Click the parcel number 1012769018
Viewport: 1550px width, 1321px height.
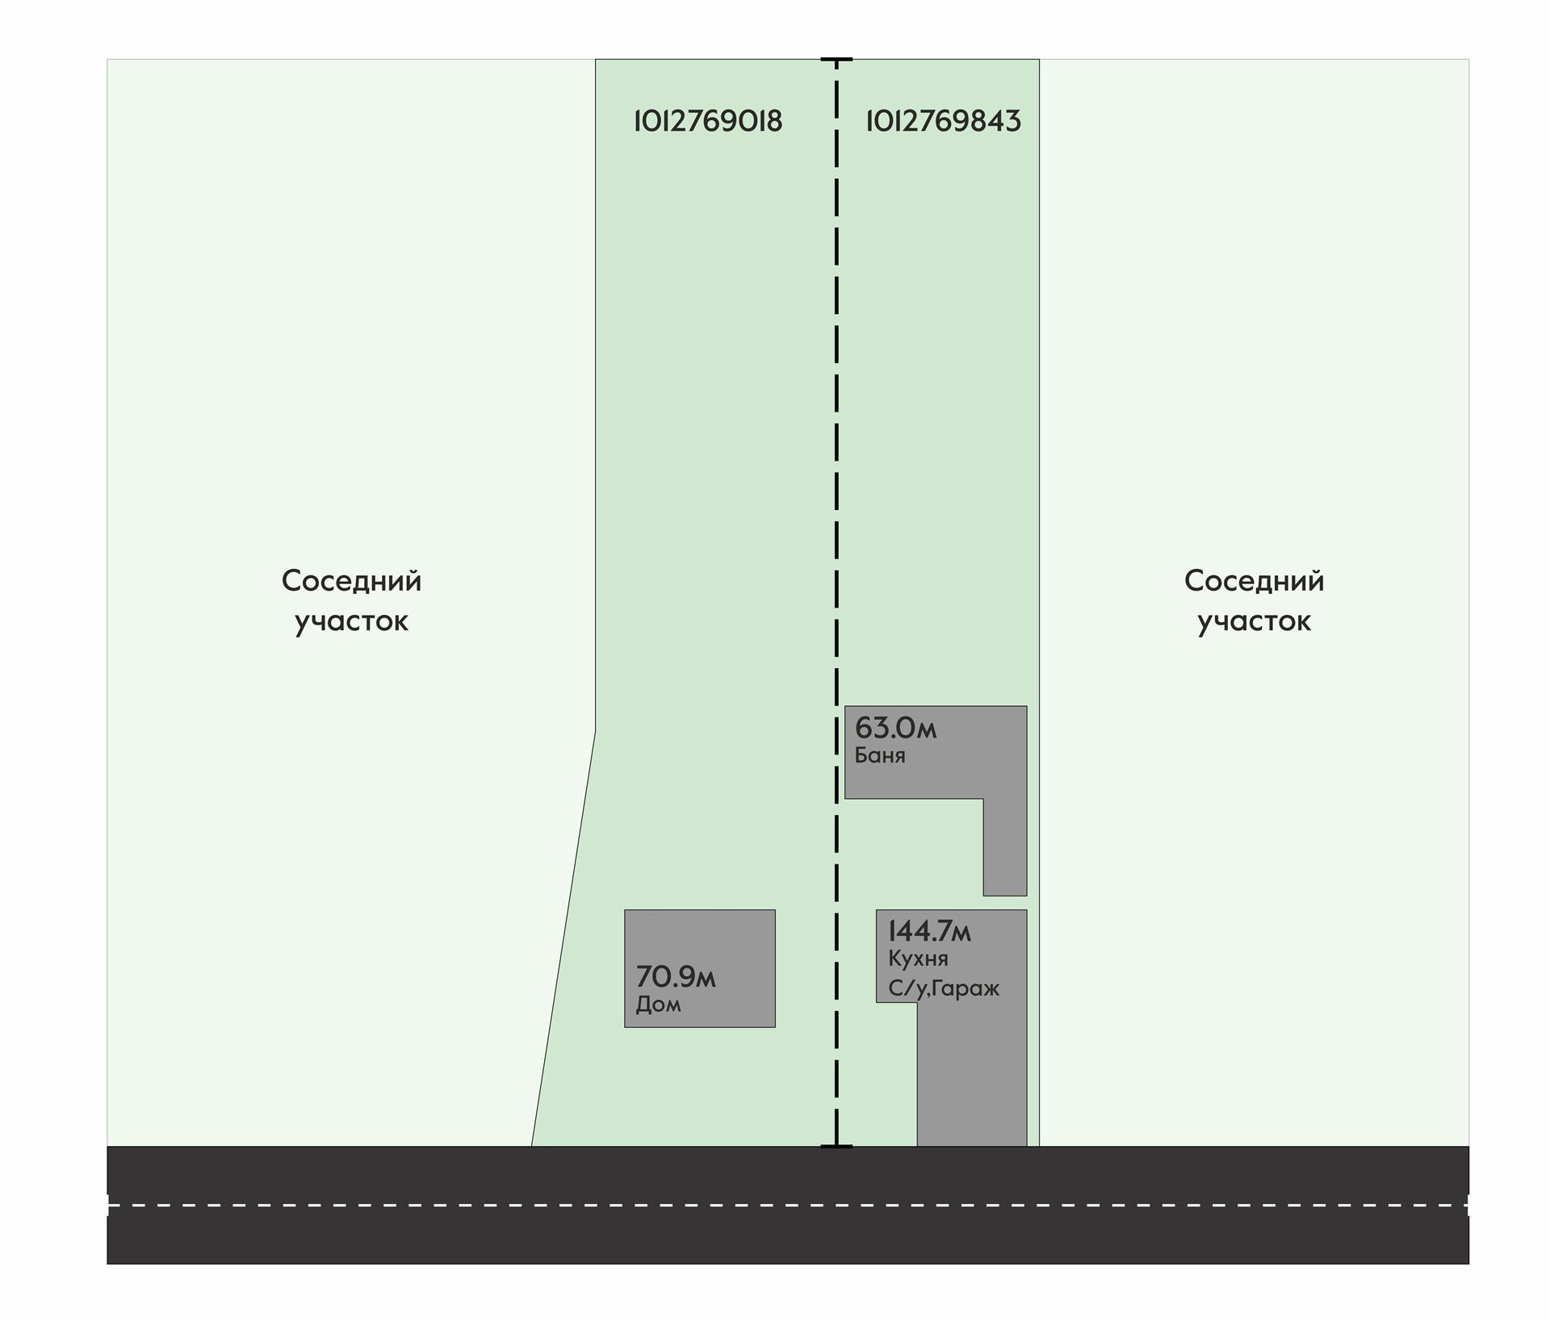tap(708, 121)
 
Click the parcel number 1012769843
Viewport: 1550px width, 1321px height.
tap(943, 121)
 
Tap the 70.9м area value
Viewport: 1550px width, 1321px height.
tap(675, 977)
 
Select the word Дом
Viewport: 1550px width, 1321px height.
tap(658, 1005)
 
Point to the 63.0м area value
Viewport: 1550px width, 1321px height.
tap(895, 728)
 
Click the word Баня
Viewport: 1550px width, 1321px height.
tap(879, 756)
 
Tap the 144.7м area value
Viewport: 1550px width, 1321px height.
tap(929, 931)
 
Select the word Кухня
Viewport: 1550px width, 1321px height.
tap(918, 959)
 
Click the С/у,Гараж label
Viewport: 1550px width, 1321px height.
tap(943, 989)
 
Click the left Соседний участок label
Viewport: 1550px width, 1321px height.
tap(351, 600)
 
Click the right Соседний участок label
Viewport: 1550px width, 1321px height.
tap(1254, 600)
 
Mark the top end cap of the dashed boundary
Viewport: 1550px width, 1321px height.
tap(836, 60)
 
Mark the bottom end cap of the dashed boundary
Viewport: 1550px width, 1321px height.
tap(836, 1146)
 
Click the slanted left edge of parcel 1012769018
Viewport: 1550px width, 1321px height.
tap(563, 936)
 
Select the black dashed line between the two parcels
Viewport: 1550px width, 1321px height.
tap(836, 484)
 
